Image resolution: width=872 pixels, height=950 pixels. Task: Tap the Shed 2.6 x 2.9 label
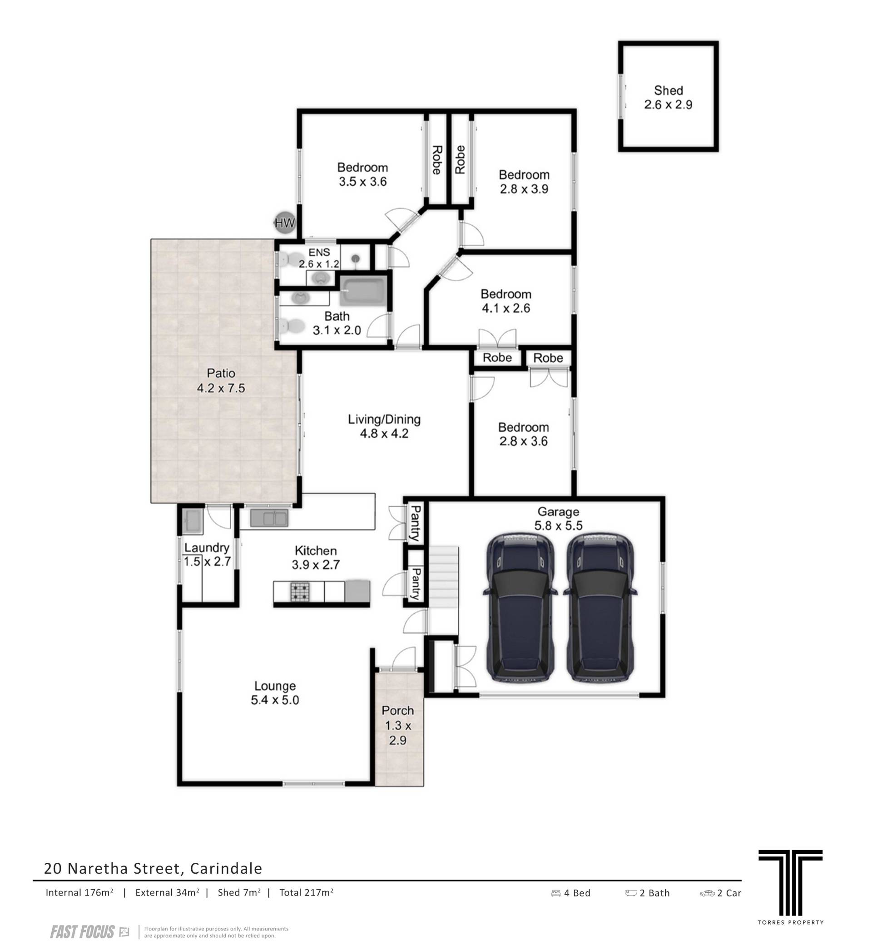668,98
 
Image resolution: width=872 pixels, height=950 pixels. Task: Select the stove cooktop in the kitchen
299,592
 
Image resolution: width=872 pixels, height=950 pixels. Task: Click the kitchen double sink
268,518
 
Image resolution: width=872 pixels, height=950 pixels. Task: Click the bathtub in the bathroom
363,291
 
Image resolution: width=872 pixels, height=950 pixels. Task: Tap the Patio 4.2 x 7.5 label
221,380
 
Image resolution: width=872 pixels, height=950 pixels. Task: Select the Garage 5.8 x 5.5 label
558,519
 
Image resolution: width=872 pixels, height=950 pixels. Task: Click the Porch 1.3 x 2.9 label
398,726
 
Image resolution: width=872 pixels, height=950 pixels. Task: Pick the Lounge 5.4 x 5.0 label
275,693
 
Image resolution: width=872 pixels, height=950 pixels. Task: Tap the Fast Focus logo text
83,932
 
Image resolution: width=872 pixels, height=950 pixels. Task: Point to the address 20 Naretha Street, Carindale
153,868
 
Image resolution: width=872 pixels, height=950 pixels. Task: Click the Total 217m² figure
307,892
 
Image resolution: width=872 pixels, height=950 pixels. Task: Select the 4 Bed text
571,893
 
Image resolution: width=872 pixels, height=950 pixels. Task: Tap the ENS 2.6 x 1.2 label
319,258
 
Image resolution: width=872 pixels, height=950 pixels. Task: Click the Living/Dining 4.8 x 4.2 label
384,426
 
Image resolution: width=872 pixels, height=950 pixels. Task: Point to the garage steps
444,590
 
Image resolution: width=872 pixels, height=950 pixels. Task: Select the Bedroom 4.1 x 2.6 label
506,301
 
